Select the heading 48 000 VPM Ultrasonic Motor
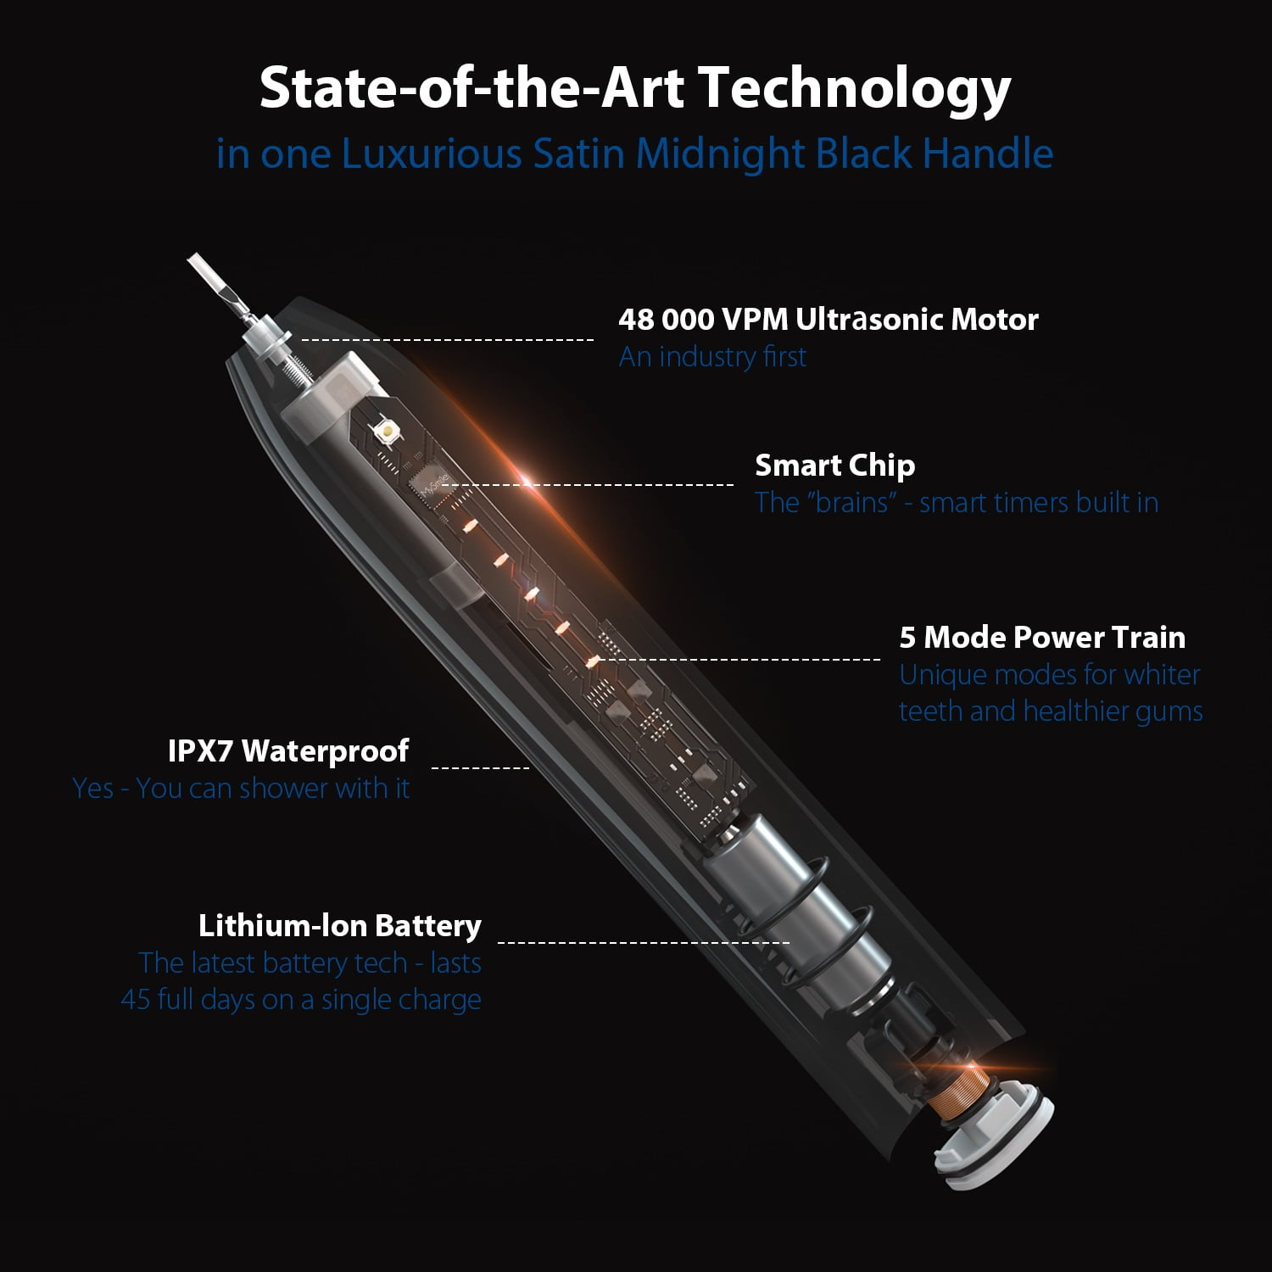pyautogui.click(x=828, y=320)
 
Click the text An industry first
pyautogui.click(x=712, y=357)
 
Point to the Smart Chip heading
pyautogui.click(x=835, y=466)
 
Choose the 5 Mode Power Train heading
pyautogui.click(x=1042, y=637)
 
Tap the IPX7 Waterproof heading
pyautogui.click(x=288, y=751)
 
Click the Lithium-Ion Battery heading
pyautogui.click(x=340, y=926)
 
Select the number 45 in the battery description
pyautogui.click(x=136, y=1000)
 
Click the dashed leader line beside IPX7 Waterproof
pyautogui.click(x=481, y=768)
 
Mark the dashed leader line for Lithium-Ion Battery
pyautogui.click(x=644, y=941)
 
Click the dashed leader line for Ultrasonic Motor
pyautogui.click(x=448, y=340)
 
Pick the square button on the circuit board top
pyautogui.click(x=388, y=432)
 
